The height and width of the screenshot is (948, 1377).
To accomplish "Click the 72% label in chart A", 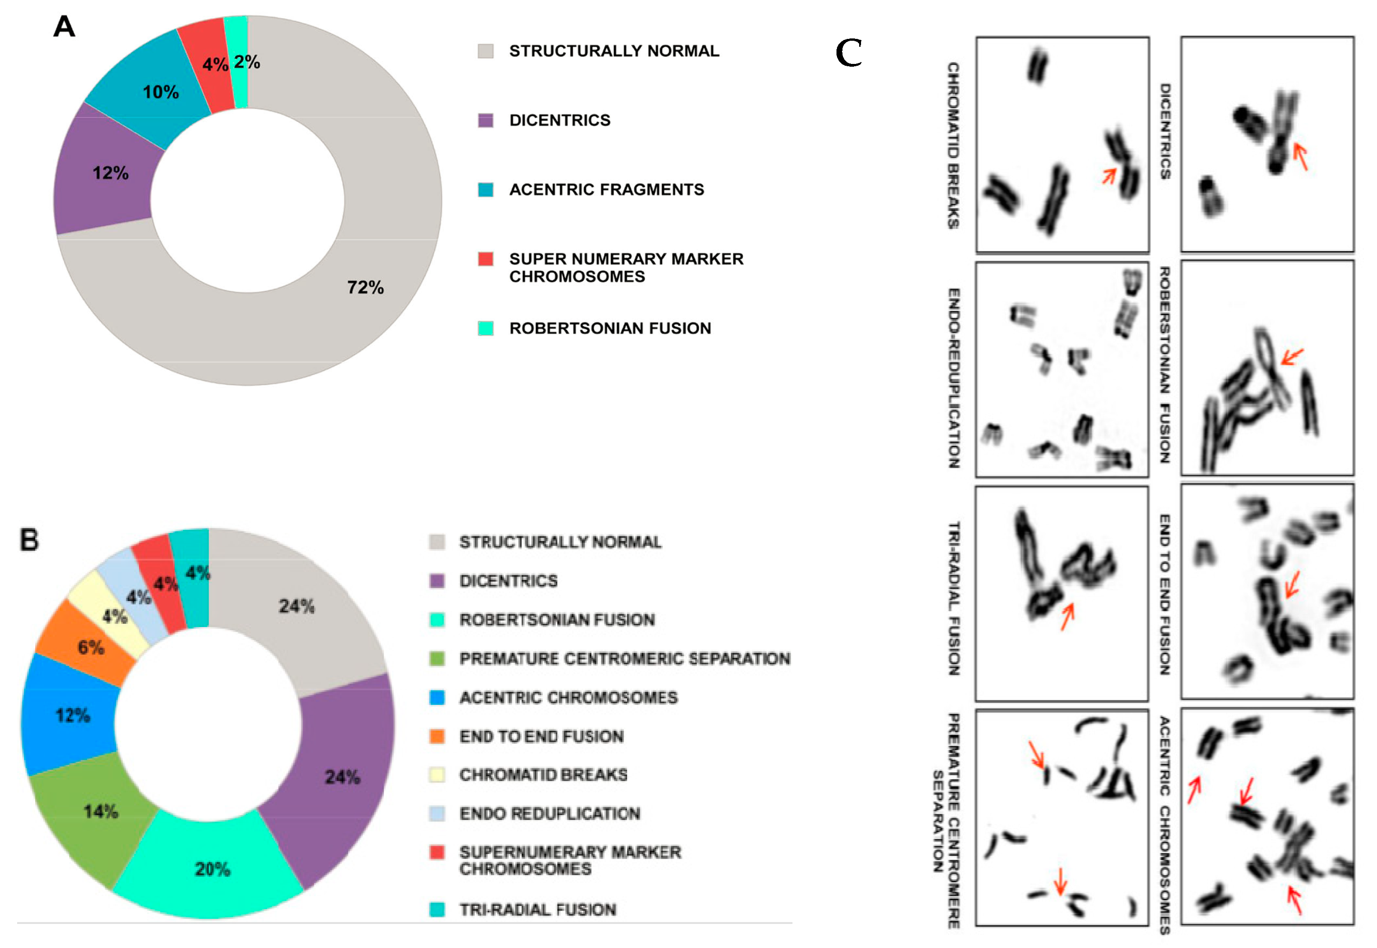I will [x=365, y=288].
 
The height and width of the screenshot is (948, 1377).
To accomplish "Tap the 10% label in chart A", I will [x=160, y=92].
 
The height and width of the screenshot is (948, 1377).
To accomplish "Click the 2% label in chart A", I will [x=246, y=62].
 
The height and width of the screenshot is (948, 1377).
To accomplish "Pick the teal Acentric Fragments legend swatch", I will [x=485, y=189].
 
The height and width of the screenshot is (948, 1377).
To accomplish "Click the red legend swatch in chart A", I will [x=485, y=259].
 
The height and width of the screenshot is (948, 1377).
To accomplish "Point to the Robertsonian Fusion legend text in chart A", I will [x=610, y=328].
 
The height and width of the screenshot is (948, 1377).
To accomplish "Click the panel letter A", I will [x=64, y=27].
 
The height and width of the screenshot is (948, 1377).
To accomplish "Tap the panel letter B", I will [x=29, y=540].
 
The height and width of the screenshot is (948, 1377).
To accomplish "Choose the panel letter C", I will [x=849, y=53].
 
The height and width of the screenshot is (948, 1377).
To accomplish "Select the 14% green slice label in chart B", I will [x=101, y=811].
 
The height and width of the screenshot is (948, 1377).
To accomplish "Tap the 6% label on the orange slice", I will [x=91, y=647].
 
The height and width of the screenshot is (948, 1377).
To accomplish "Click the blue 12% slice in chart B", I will [x=72, y=715].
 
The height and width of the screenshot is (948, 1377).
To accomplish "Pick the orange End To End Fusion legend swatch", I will [x=437, y=736].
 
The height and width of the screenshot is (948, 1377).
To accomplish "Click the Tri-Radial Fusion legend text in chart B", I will [x=538, y=910].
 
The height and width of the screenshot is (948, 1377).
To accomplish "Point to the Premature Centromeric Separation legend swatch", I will [x=437, y=659].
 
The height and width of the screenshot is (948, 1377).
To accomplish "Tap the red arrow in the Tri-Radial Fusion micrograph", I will [x=1068, y=616].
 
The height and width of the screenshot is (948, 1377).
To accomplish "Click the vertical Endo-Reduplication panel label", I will [x=954, y=378].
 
